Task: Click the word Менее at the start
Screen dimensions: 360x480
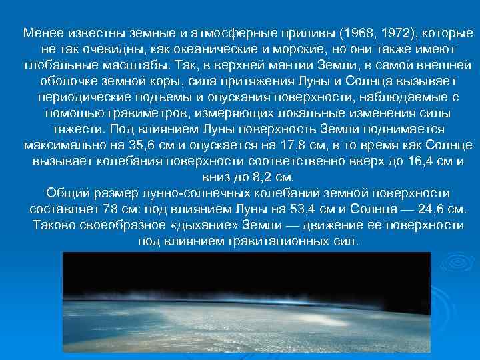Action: (x=41, y=33)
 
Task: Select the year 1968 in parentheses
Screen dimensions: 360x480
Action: (x=353, y=33)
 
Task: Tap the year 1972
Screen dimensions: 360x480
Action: (x=386, y=33)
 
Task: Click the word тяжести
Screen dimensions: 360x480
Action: (x=75, y=129)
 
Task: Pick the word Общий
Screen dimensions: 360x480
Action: (x=67, y=193)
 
